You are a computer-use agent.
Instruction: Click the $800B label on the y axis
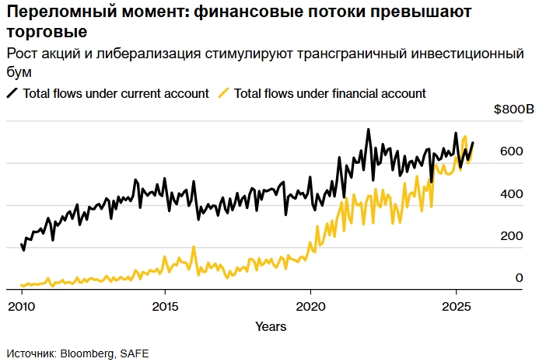pyautogui.click(x=514, y=110)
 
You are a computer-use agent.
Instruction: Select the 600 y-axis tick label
pyautogui.click(x=511, y=151)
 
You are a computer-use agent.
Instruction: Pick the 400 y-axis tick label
pyautogui.click(x=511, y=194)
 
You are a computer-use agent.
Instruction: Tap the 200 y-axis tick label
pyautogui.click(x=511, y=236)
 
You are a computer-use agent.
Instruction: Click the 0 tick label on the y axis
pyautogui.click(x=519, y=278)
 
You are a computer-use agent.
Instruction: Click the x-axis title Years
pyautogui.click(x=270, y=325)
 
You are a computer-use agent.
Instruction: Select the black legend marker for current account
pyautogui.click(x=12, y=93)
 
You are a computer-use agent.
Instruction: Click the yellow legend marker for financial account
pyautogui.click(x=223, y=93)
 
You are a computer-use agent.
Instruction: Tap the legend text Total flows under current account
pyautogui.click(x=116, y=93)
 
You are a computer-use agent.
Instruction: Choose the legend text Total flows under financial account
pyautogui.click(x=330, y=93)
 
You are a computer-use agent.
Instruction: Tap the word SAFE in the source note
pyautogui.click(x=133, y=353)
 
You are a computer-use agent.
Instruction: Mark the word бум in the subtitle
pyautogui.click(x=19, y=72)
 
